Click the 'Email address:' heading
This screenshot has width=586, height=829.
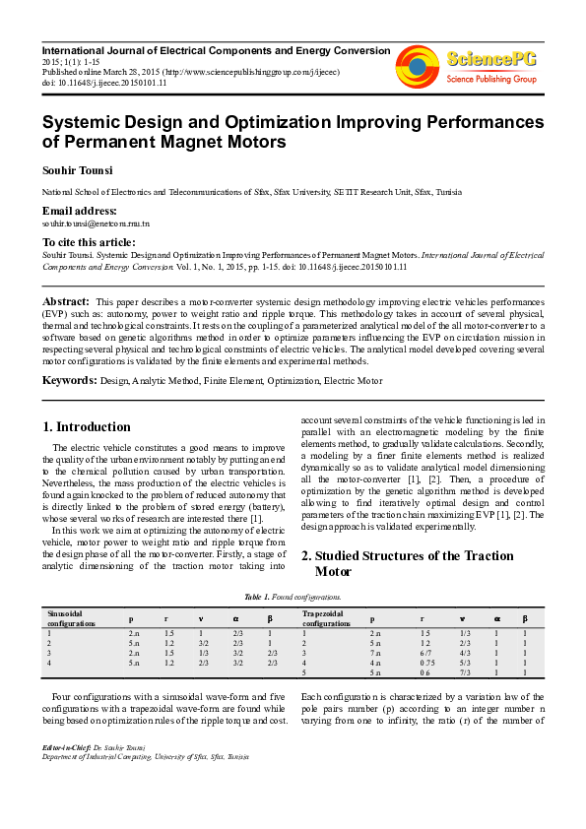pyautogui.click(x=79, y=212)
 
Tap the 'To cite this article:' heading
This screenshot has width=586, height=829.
pyautogui.click(x=89, y=242)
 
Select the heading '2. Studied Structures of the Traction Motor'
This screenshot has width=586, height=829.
pyautogui.click(x=422, y=563)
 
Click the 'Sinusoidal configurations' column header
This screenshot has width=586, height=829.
pyautogui.click(x=72, y=618)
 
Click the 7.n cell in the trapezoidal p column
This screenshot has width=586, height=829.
pyautogui.click(x=374, y=653)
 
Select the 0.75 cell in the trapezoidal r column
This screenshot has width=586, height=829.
pyautogui.click(x=426, y=664)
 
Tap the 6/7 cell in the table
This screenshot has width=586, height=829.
pyautogui.click(x=425, y=653)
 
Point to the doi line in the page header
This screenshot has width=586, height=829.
pyautogui.click(x=103, y=83)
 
